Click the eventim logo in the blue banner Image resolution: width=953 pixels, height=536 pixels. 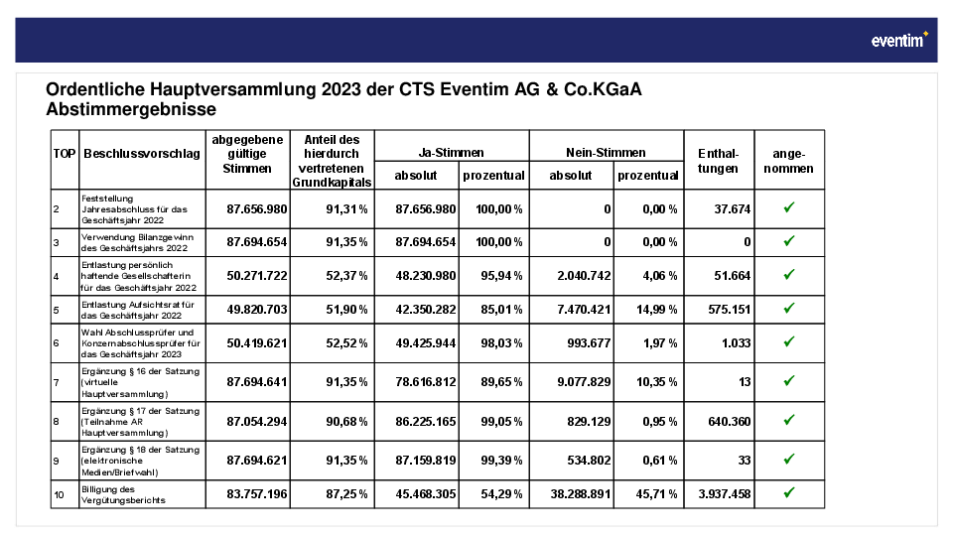(899, 40)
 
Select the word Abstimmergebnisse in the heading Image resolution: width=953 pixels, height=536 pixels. (131, 109)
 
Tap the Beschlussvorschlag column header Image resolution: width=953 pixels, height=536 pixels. (142, 154)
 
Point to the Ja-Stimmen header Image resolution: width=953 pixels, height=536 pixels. (451, 153)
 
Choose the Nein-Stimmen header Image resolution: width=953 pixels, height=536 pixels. (606, 153)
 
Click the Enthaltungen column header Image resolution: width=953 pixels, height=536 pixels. (719, 161)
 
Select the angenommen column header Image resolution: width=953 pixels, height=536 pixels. (789, 161)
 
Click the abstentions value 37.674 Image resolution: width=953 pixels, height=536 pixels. (733, 209)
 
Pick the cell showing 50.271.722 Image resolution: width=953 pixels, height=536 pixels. (257, 276)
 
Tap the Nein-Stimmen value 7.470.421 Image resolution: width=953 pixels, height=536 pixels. (584, 310)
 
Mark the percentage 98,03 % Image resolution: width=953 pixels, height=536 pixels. (501, 343)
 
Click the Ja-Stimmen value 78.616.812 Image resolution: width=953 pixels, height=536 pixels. (426, 382)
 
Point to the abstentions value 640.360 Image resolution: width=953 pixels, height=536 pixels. (730, 422)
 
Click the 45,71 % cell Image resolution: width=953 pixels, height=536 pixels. (657, 494)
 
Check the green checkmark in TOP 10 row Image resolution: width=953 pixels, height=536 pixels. (789, 493)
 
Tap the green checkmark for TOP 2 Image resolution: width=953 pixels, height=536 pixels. (789, 207)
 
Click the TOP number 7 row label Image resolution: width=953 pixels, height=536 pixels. (56, 383)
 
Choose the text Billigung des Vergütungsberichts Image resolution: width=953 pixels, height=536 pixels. (123, 494)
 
